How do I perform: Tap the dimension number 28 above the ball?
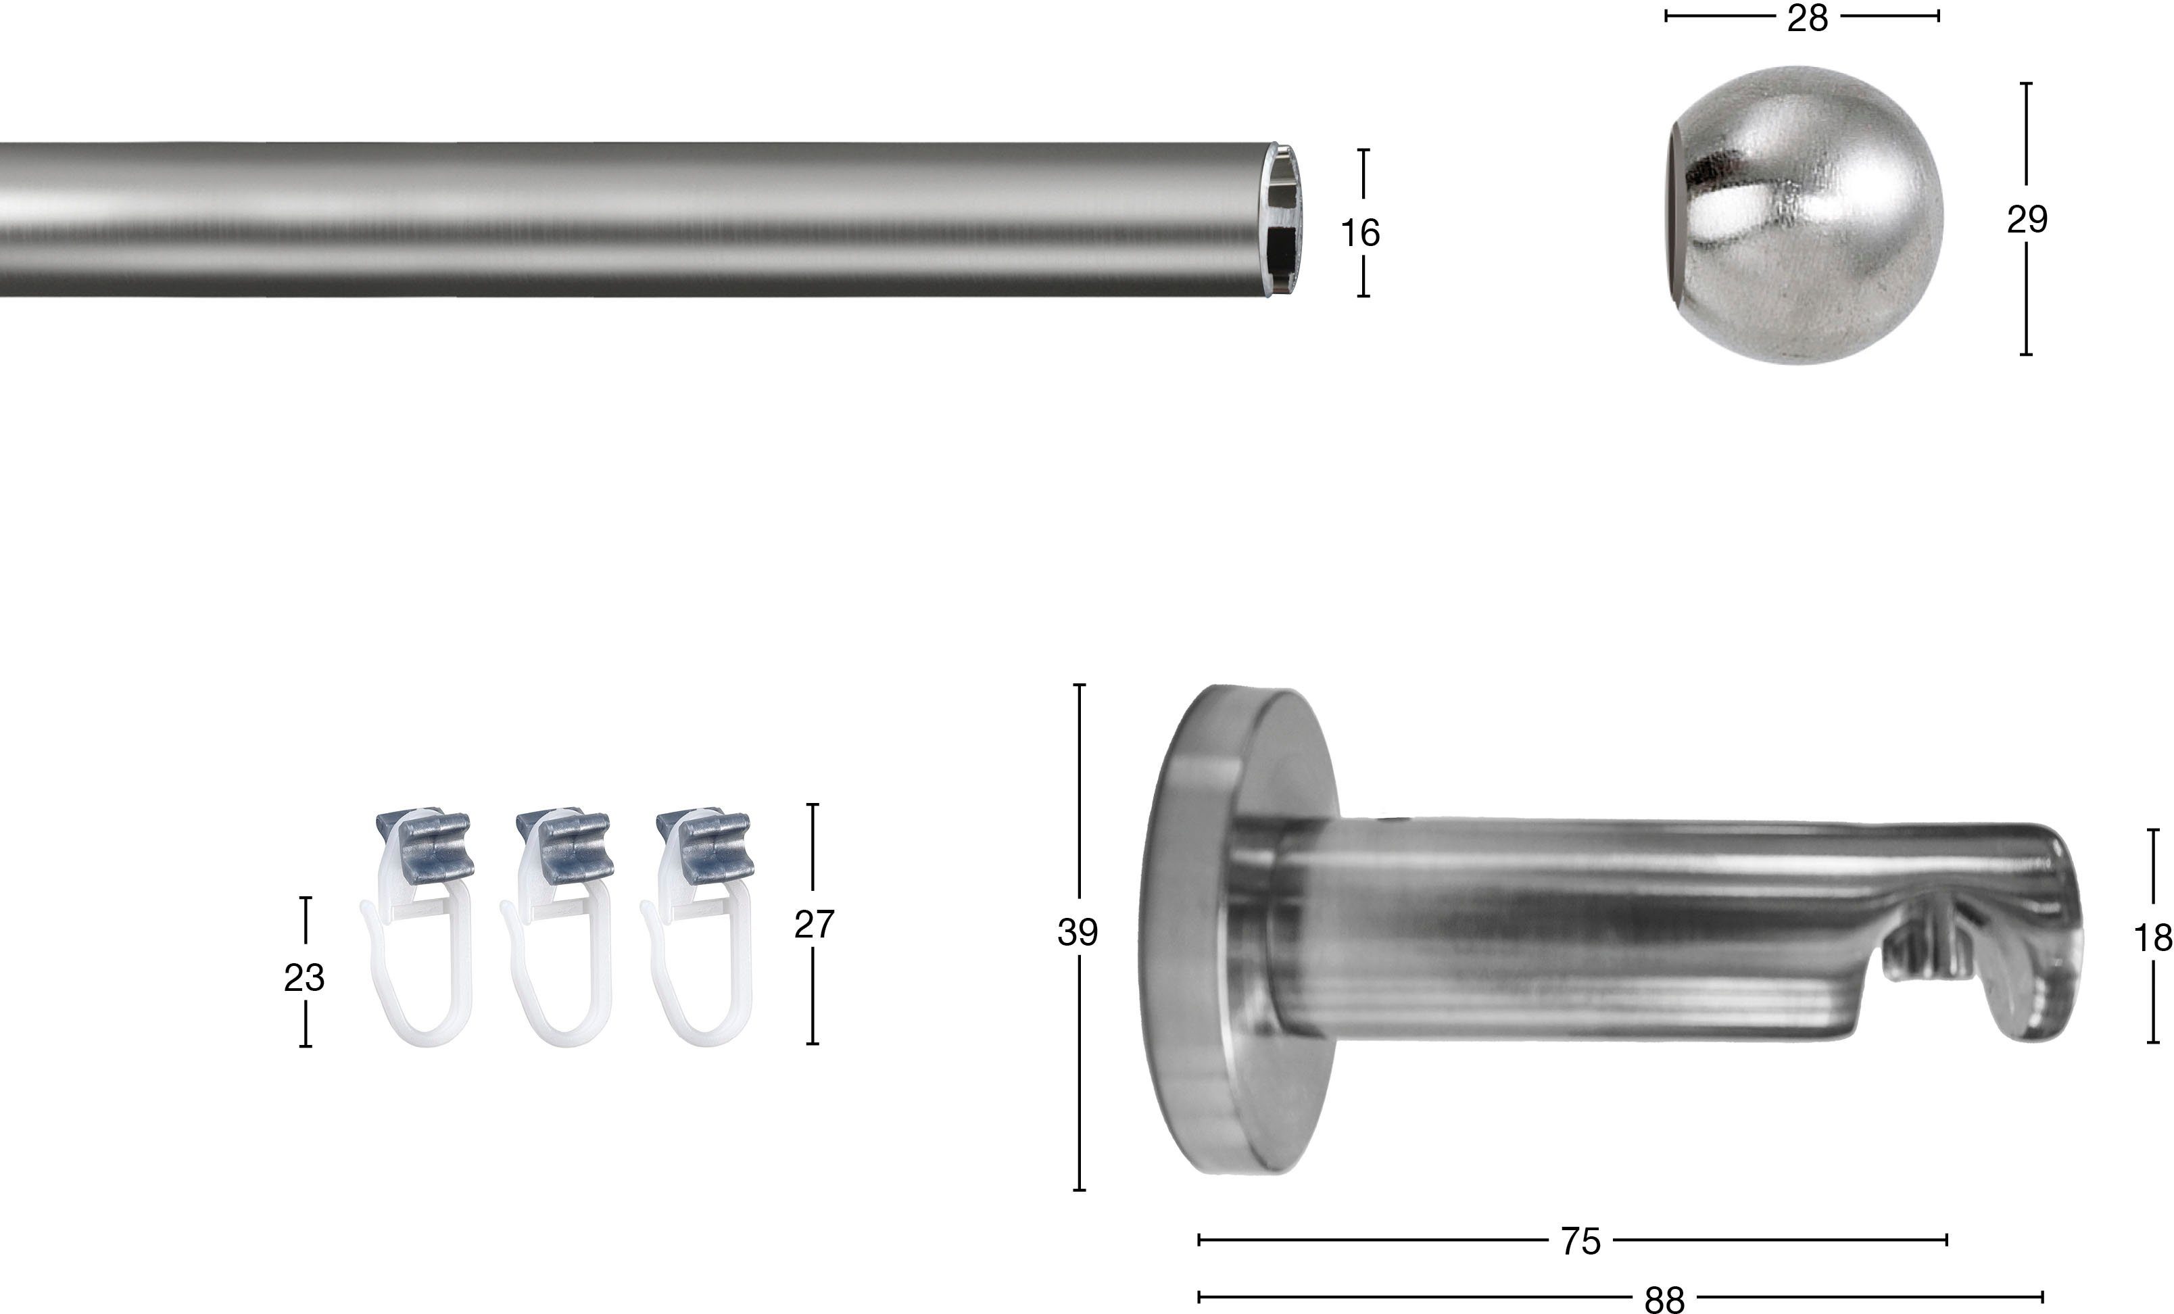pyautogui.click(x=1808, y=18)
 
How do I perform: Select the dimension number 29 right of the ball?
pyautogui.click(x=2027, y=219)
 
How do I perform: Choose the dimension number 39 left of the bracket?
pyautogui.click(x=1078, y=932)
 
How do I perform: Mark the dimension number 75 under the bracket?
pyautogui.click(x=1580, y=1242)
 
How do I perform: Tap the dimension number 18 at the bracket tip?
pyautogui.click(x=2153, y=938)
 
